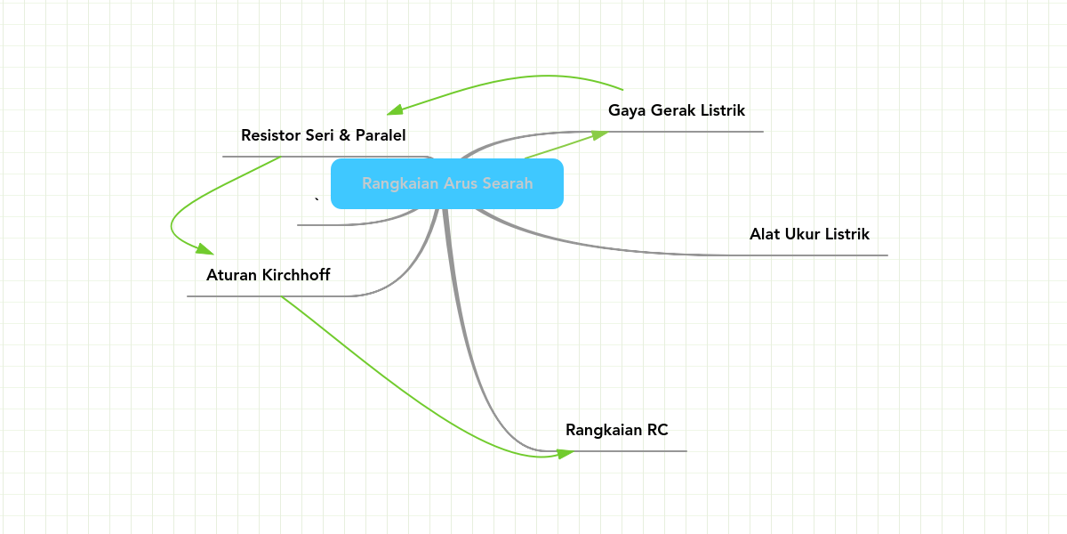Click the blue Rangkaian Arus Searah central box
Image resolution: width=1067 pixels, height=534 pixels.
[447, 183]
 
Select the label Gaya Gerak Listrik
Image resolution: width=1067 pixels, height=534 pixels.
[677, 110]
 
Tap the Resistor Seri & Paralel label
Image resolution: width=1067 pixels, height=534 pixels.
[324, 135]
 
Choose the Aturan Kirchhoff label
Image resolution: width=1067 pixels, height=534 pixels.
[269, 275]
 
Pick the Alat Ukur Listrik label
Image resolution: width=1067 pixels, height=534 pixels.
[809, 234]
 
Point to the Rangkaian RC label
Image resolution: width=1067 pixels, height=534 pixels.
[617, 430]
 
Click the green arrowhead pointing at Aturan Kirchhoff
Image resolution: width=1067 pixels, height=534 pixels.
[205, 249]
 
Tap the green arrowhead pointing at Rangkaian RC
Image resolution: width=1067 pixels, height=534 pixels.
[566, 453]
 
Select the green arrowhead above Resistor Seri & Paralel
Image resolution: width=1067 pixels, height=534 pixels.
[395, 109]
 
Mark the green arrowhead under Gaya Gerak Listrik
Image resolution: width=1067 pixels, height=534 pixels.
[599, 135]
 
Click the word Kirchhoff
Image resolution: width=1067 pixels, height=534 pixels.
[296, 275]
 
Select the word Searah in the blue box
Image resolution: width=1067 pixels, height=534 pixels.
[508, 183]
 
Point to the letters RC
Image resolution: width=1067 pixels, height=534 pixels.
[657, 430]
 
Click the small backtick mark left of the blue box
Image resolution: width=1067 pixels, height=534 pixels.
[317, 199]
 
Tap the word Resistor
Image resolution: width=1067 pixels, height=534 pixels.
[270, 135]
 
